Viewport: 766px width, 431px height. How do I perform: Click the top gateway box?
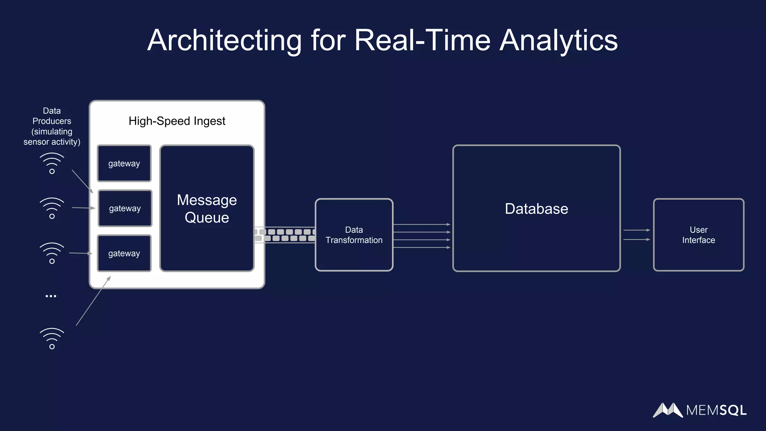124,163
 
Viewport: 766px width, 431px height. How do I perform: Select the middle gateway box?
125,208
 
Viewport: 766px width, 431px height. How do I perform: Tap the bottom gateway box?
124,253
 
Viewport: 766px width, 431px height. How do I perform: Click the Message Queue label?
207,209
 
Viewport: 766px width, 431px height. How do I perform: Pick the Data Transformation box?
354,235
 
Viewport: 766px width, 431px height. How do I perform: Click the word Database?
536,209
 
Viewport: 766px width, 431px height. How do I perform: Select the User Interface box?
698,235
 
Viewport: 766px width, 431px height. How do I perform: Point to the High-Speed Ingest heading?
177,121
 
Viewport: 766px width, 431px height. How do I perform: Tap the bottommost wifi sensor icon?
52,339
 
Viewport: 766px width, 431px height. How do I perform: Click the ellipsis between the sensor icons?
51,296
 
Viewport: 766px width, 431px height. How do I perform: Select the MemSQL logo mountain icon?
668,410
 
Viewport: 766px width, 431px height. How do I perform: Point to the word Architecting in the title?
224,40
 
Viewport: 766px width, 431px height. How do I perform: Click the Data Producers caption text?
52,126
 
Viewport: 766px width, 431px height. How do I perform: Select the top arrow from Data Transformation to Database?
422,224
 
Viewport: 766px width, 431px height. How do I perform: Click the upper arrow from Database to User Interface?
637,230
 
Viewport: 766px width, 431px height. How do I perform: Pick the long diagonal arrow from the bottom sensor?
93,301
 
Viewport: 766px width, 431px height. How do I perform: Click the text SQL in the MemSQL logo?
733,410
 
